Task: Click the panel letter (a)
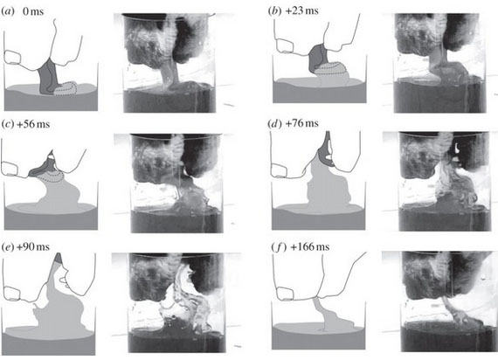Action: [x=8, y=11]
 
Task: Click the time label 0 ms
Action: [x=33, y=11]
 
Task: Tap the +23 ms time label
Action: [x=301, y=10]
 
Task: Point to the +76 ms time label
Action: [x=301, y=123]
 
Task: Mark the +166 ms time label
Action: [x=309, y=247]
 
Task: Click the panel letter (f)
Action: [x=278, y=247]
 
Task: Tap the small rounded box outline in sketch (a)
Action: [x=13, y=57]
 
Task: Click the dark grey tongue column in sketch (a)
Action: [x=47, y=78]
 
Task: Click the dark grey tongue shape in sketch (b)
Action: [x=318, y=59]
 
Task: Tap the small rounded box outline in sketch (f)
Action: [x=285, y=294]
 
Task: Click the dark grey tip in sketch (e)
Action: [x=59, y=258]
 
